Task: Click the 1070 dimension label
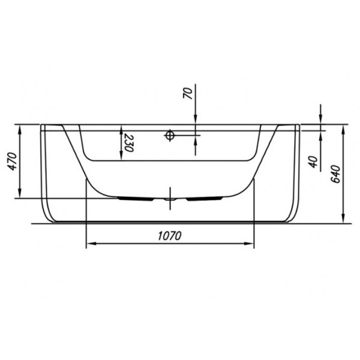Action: (x=170, y=236)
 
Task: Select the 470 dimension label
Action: (x=12, y=161)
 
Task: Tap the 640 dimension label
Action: (x=336, y=173)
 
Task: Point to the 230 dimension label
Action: (x=128, y=143)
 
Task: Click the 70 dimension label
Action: (x=188, y=93)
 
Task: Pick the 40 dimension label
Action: (x=313, y=161)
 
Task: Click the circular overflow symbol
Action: (x=170, y=135)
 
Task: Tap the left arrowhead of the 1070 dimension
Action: (x=91, y=244)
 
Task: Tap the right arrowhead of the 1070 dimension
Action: (x=248, y=244)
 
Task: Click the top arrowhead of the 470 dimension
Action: (x=20, y=130)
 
